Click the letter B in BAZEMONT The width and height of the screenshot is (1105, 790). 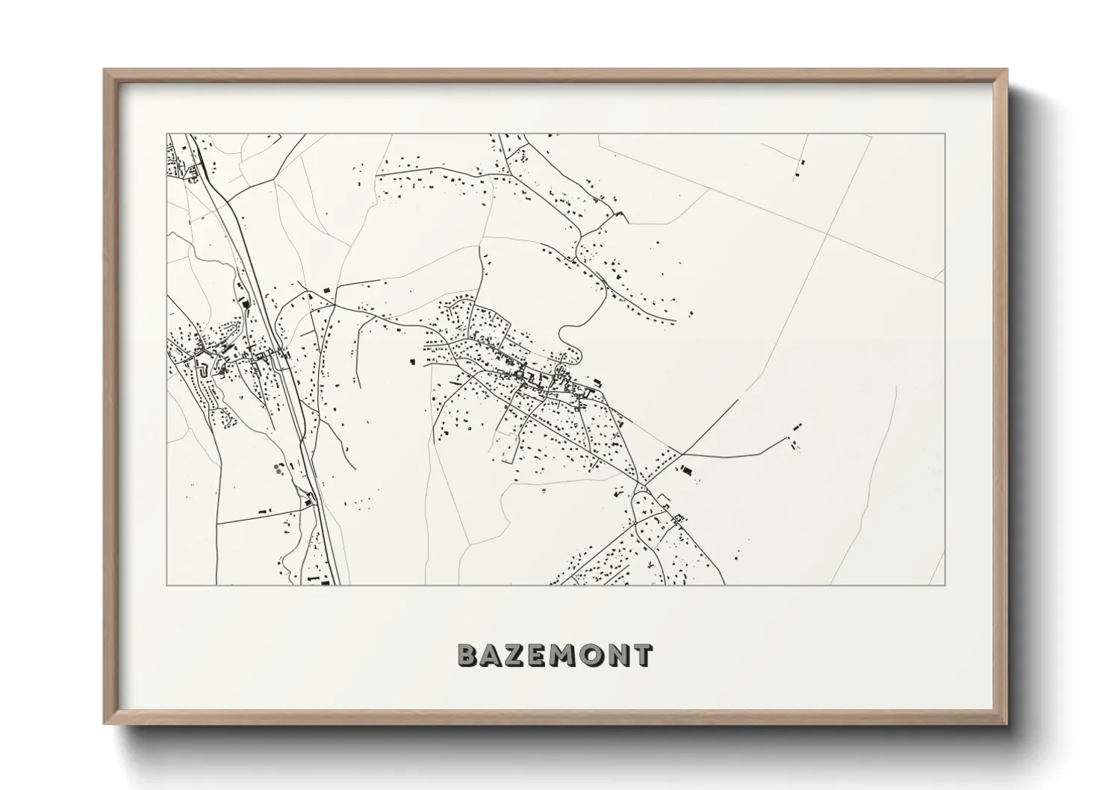(x=468, y=656)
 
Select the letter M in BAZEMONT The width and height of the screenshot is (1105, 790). (x=567, y=656)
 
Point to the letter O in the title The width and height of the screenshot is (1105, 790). (x=593, y=656)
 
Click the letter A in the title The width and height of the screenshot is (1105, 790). (x=493, y=656)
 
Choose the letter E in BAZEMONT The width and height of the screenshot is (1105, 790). (x=541, y=656)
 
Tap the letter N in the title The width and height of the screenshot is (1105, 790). (x=619, y=656)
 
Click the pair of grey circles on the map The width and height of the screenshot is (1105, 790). (x=279, y=470)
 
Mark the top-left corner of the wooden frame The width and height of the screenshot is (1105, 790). (x=105, y=70)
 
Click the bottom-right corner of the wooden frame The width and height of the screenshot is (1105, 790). (x=1006, y=724)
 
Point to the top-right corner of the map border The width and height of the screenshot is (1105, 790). (x=944, y=134)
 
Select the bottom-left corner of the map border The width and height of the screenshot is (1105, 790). (x=167, y=585)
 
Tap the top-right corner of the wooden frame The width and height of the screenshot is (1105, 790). (x=1006, y=70)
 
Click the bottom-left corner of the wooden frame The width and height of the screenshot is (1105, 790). (x=105, y=724)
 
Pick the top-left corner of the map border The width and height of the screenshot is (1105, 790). (x=167, y=134)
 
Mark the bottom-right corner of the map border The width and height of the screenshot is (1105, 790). (x=944, y=585)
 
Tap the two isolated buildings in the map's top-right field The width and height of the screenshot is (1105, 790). (x=799, y=168)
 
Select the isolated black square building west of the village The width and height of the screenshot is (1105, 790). (x=412, y=361)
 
